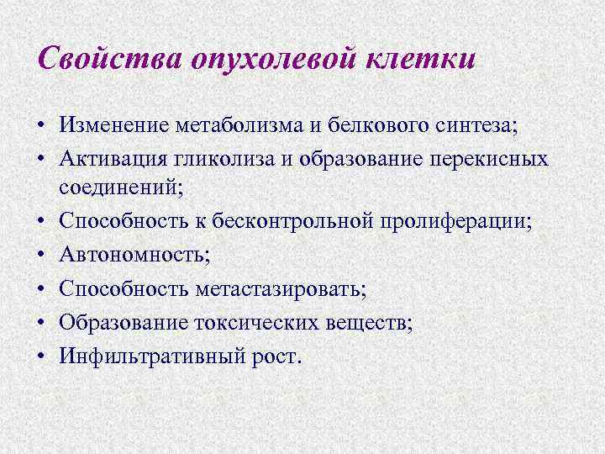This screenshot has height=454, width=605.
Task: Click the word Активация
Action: (x=110, y=159)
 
